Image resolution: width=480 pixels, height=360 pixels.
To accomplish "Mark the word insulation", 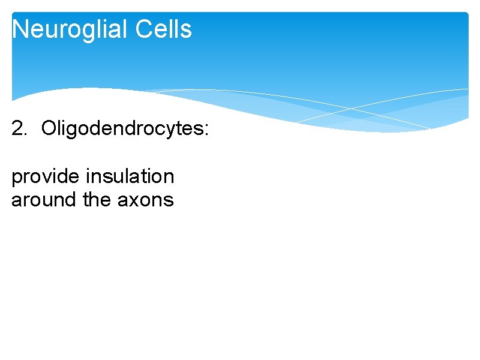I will (x=130, y=176).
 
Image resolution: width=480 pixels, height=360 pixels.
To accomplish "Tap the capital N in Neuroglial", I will (x=20, y=29).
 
